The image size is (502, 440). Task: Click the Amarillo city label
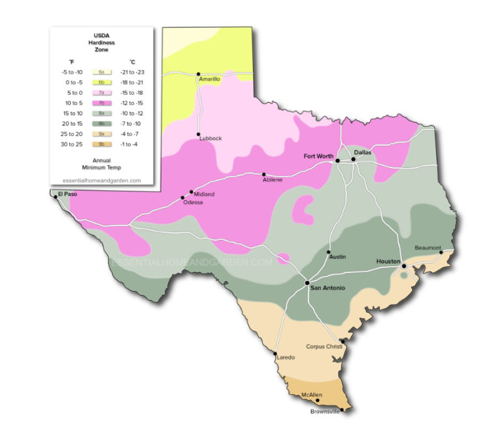pos(209,78)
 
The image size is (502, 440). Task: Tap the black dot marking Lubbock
pos(198,135)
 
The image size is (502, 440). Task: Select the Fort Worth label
pos(319,156)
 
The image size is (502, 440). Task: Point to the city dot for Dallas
pos(354,159)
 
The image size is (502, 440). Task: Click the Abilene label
pos(272,180)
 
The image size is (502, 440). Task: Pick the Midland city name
pos(204,194)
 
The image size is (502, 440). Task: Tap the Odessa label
pos(193,203)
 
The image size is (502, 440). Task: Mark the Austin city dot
pos(329,253)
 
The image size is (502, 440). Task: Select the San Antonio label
pos(327,288)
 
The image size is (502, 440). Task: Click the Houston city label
pos(388,262)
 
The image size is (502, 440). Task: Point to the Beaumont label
pos(428,248)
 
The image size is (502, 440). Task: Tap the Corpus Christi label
pos(324,347)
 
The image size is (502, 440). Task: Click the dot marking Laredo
pos(275,354)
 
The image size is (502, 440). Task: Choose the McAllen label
pos(312,395)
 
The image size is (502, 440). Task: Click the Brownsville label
pos(325,412)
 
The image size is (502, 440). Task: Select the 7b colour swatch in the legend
pos(101,103)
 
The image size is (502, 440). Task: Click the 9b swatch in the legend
pos(101,144)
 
